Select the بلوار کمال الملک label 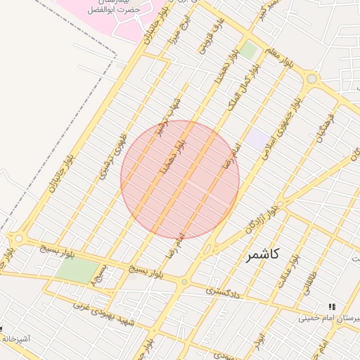[x=242, y=89]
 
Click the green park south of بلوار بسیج [x=77, y=271]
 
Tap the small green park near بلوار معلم [x=250, y=50]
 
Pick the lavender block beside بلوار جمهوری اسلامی [x=257, y=139]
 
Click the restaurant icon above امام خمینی [x=331, y=307]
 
